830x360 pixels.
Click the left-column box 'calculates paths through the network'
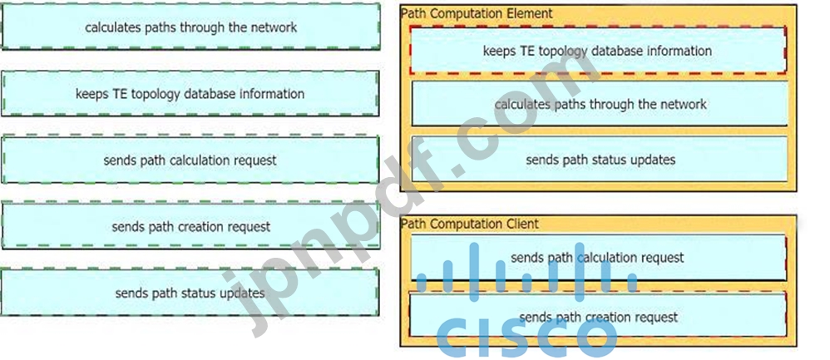190,27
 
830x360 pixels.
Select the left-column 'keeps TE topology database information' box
190,93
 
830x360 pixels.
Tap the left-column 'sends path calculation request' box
190,160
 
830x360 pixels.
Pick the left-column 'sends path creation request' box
190,226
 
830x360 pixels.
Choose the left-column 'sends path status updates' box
190,293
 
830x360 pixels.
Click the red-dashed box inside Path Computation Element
597,51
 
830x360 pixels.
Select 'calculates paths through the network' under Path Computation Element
600,104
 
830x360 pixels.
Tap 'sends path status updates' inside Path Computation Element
600,159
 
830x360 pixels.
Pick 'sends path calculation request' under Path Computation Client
597,258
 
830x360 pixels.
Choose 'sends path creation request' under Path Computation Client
597,317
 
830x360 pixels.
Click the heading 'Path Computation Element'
477,13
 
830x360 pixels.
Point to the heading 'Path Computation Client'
470,224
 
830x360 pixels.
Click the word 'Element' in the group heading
529,13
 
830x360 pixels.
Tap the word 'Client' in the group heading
521,224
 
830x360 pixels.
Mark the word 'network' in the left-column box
274,27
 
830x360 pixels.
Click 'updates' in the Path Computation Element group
652,159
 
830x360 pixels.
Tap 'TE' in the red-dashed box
527,51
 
